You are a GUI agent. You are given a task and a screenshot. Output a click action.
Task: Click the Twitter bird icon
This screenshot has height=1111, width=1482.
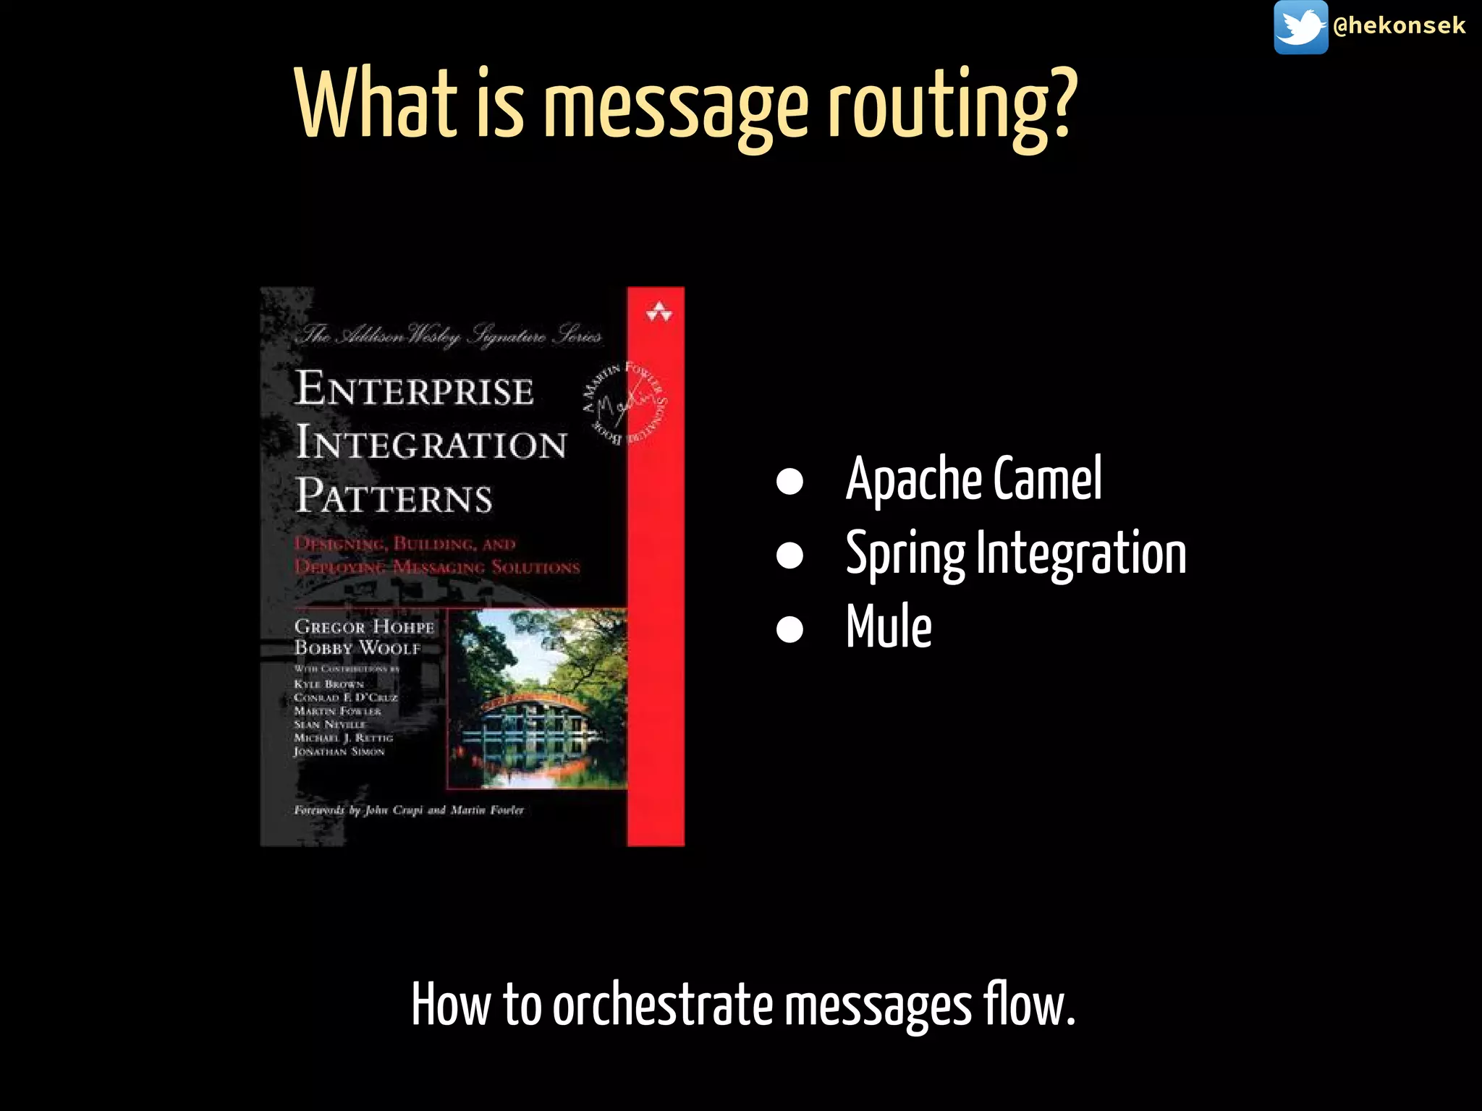click(1300, 27)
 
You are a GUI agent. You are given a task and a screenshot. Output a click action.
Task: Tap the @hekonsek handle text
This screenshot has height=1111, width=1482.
click(1399, 26)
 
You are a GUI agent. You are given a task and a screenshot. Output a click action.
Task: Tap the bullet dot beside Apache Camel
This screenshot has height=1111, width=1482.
click(789, 482)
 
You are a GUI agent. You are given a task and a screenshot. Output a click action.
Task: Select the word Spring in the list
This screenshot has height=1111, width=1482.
click(905, 555)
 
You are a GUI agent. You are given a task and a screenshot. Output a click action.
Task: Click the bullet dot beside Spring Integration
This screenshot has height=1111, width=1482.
click(789, 555)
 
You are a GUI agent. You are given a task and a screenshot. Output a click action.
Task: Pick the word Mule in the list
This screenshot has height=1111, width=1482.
click(889, 626)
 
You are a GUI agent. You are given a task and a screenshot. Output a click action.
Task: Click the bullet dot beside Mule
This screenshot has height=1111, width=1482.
click(789, 629)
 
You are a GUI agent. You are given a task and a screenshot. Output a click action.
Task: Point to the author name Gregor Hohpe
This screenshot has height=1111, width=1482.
click(364, 626)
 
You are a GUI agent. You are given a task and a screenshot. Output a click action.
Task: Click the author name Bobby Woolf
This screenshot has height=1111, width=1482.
click(357, 647)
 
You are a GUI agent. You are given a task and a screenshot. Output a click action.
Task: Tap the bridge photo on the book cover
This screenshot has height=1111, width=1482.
click(537, 698)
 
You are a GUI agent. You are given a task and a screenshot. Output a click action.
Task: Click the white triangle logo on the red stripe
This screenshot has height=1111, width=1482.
click(659, 312)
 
